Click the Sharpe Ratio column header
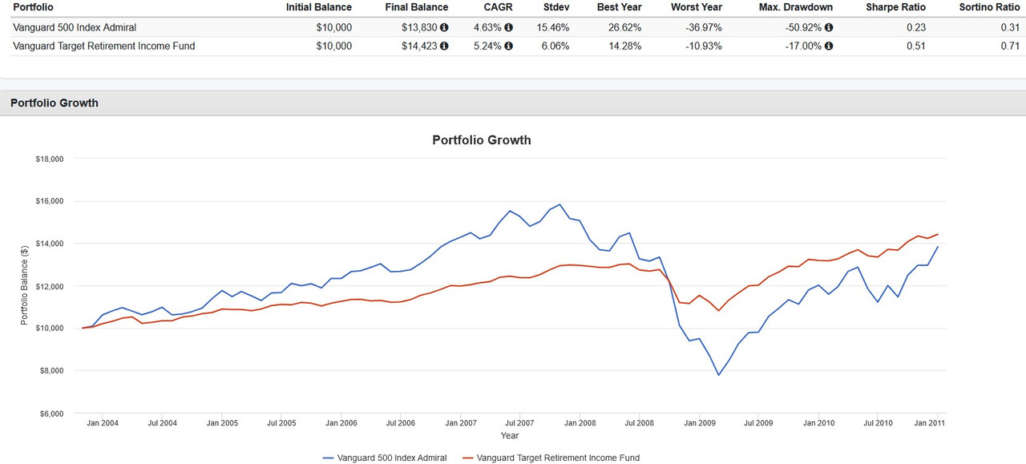coord(895,7)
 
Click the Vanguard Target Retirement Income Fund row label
coord(104,46)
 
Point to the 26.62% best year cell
coord(619,27)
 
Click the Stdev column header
coord(555,7)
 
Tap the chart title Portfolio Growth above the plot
coord(481,140)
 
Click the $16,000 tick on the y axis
coord(49,201)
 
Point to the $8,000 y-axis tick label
coord(51,371)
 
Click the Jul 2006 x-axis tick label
coord(401,422)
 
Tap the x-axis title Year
coord(510,436)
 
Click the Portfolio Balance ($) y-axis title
coord(25,286)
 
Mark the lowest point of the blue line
coord(718,375)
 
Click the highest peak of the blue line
coord(559,204)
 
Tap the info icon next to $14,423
coord(444,46)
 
